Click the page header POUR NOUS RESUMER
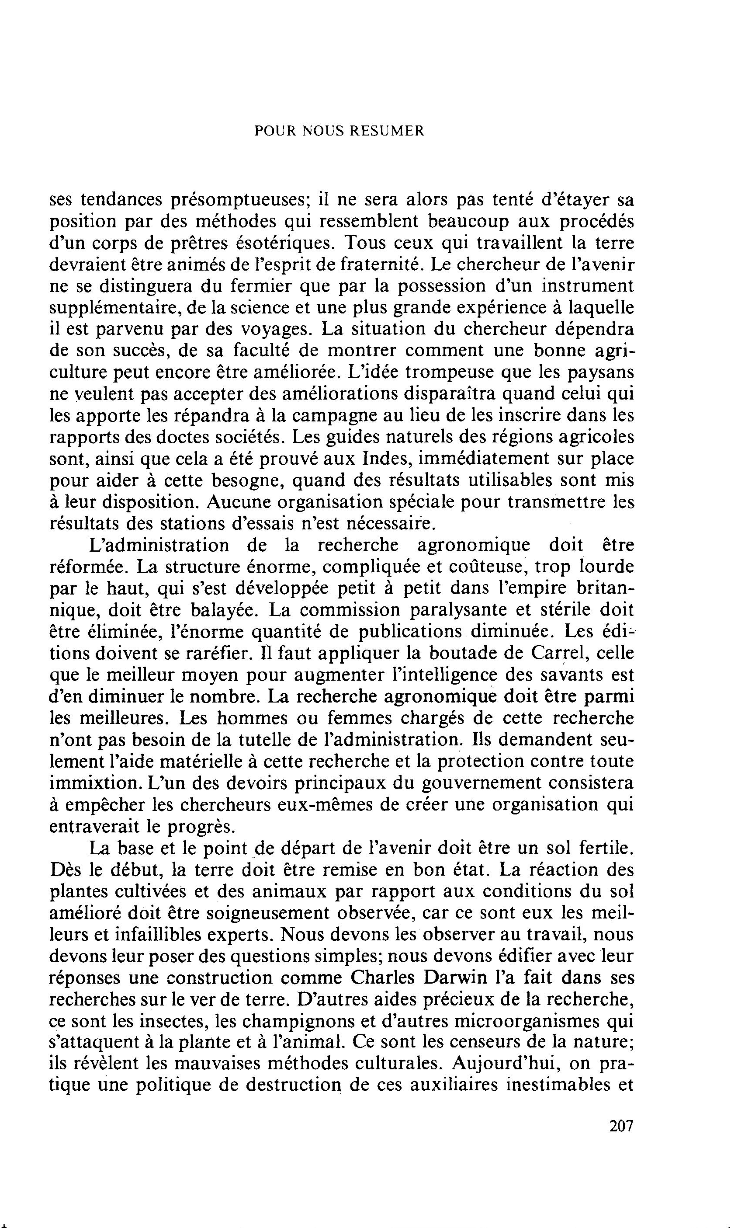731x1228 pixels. [339, 131]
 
